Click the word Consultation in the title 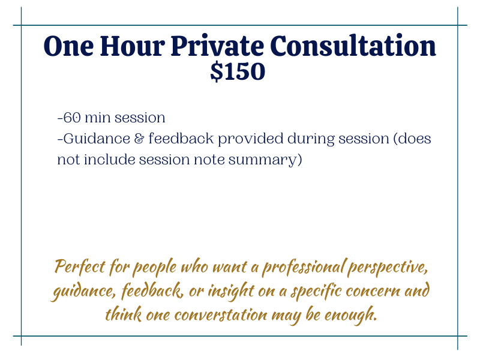[353, 46]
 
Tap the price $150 [238, 71]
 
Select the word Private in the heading [217, 46]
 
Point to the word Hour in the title [132, 46]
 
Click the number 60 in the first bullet [72, 118]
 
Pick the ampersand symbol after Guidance [139, 139]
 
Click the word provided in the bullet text [250, 139]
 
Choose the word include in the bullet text [109, 159]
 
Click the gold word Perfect [80, 266]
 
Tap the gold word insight [231, 291]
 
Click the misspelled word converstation [221, 314]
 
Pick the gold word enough [350, 315]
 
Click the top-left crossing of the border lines [22, 25]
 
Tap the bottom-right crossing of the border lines [458, 336]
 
